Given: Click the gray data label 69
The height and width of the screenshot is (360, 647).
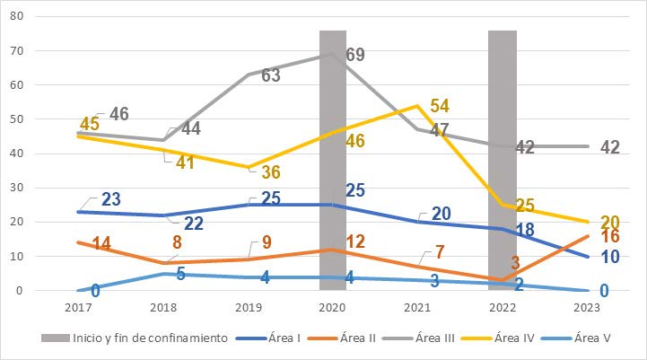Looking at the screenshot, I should pyautogui.click(x=355, y=55).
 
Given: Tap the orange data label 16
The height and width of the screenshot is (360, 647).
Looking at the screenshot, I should pyautogui.click(x=610, y=237).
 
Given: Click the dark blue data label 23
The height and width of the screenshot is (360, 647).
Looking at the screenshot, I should pyautogui.click(x=111, y=198).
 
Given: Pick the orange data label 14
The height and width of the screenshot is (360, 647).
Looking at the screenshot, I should pyautogui.click(x=76, y=243).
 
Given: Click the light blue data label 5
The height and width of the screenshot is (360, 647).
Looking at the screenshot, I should pyautogui.click(x=180, y=275).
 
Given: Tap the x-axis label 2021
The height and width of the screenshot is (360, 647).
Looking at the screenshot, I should pyautogui.click(x=417, y=308).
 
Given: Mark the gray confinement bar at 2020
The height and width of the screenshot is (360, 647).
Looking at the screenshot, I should pyautogui.click(x=333, y=162).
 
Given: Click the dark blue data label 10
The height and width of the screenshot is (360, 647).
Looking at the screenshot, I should pyautogui.click(x=610, y=256).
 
